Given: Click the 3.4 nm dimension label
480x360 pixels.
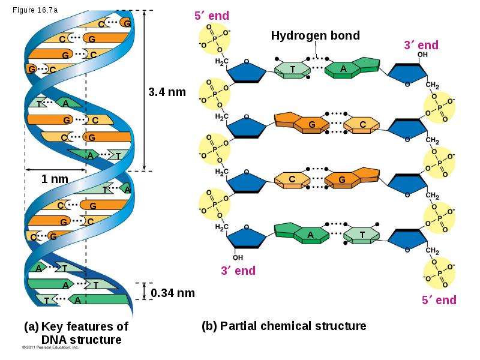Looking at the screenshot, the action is coord(167,92).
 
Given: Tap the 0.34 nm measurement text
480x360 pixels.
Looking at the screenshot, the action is coord(173,293).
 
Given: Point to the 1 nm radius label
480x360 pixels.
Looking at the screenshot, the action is coord(55,179).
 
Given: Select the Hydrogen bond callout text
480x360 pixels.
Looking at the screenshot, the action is coord(316,35).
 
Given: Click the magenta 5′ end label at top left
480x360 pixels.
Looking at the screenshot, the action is coord(212,16).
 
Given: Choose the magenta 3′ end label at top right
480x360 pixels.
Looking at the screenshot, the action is coord(421,45).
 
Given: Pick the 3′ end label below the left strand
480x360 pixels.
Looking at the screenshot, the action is coord(238,271).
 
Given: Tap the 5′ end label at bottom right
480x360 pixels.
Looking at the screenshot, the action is coord(439,300).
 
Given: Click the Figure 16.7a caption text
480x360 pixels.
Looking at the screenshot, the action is coord(35,10).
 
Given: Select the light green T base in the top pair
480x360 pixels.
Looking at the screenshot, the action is coord(292,70).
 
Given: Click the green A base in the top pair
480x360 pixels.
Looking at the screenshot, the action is coord(352,68).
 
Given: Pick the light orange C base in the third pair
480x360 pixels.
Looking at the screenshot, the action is coord(292,179).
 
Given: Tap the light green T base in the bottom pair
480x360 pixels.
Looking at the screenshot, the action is coord(362,235).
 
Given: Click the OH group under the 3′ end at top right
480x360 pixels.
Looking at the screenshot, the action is coord(422,55).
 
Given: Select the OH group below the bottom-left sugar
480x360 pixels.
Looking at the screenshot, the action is coord(238,257).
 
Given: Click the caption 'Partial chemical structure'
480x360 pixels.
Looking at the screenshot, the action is coord(293,326).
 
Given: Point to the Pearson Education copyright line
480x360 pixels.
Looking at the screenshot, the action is coord(50,347).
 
